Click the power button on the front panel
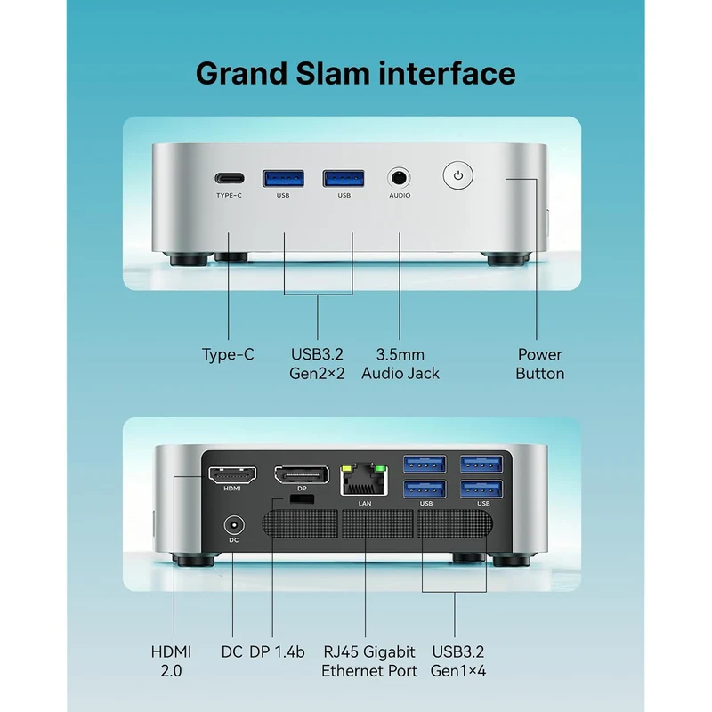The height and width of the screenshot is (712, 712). coord(457,175)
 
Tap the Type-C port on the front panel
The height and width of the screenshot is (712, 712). coord(230,178)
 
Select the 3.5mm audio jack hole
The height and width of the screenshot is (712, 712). coord(399,177)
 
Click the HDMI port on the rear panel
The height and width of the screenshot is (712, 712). coord(232,475)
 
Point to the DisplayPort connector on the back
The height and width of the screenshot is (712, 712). coord(302,475)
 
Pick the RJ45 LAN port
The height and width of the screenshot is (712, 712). coord(364,480)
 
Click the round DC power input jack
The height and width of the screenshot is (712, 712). coord(234,525)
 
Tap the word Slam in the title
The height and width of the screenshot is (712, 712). coord(333,74)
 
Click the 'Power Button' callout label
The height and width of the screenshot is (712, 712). coord(540,364)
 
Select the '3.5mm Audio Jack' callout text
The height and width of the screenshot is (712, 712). coord(400,364)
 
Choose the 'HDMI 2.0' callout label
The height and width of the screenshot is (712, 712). coord(171,661)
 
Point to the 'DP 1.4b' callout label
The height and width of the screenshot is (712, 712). coord(277,652)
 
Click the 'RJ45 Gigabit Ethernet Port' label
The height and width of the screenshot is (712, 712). coord(368,661)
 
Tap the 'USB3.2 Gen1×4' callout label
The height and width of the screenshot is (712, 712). coord(457,661)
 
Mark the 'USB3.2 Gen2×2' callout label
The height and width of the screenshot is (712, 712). coord(317,364)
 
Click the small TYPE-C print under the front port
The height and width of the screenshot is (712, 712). coord(230,195)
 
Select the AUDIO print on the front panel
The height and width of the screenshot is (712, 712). coord(400,195)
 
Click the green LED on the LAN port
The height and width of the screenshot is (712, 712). coord(381,469)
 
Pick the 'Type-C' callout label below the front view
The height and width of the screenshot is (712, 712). coord(228,354)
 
